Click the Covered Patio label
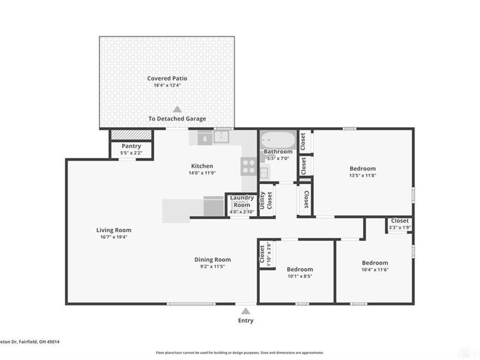coord(167,78)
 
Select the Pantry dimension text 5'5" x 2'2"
coord(131,153)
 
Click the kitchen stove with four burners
coord(248,166)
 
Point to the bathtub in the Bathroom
coord(277,140)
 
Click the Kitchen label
coord(202,166)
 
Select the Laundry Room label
coord(242,201)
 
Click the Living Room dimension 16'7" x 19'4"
coord(114,237)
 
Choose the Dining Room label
coord(212,260)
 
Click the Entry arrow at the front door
coord(245,311)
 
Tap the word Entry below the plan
coord(245,320)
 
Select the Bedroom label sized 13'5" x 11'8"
coord(362,169)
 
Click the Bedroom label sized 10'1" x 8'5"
coord(299,269)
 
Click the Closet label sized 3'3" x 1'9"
coord(400,221)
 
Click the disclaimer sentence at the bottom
coord(240,353)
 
